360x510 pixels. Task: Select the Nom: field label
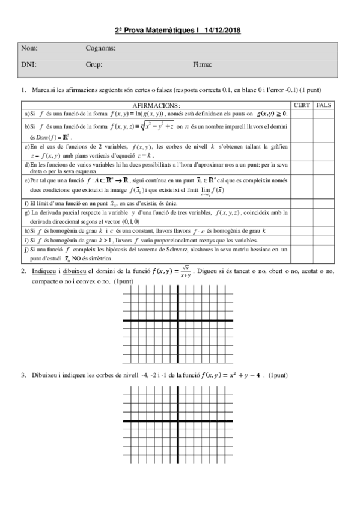29,48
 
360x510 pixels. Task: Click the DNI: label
28,63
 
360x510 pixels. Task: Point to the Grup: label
94,63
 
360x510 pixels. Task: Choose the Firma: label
203,63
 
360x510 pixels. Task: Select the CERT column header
302,105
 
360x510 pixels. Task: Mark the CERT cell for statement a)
302,113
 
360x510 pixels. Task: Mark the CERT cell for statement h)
302,230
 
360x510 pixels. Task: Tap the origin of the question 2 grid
178,322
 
